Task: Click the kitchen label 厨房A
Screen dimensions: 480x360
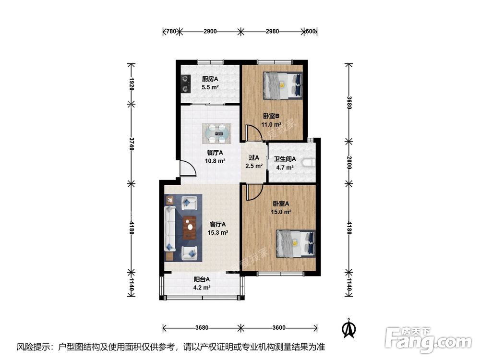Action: click(x=210, y=79)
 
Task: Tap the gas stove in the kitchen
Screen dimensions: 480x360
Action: click(x=185, y=84)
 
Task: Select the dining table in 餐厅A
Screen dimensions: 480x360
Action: click(x=217, y=134)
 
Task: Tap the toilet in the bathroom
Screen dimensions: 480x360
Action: click(x=309, y=163)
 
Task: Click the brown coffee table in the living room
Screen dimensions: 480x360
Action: click(x=190, y=227)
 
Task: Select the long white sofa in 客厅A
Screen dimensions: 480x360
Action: click(x=169, y=228)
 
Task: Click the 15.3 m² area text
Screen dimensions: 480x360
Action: click(x=217, y=233)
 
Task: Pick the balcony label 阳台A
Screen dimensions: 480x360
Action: click(x=202, y=279)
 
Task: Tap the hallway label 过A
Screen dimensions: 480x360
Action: click(x=254, y=157)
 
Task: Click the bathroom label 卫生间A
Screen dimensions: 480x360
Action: click(x=285, y=159)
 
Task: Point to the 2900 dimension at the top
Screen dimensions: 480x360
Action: click(x=210, y=31)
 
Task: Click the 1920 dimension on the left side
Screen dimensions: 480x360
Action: click(x=132, y=83)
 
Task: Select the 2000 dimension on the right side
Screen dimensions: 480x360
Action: click(x=349, y=162)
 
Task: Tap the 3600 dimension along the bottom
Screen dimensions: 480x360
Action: click(x=279, y=328)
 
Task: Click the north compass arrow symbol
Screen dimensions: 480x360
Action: click(x=348, y=328)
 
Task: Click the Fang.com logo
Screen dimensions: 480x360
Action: click(x=428, y=340)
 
